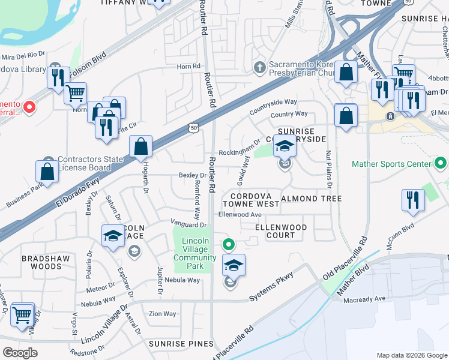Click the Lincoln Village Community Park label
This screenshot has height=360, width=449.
[199, 249]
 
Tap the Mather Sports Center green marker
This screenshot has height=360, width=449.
[441, 163]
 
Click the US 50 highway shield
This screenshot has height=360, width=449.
[193, 127]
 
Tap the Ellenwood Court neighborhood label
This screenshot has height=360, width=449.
[281, 231]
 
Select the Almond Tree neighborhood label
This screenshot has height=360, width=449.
[311, 199]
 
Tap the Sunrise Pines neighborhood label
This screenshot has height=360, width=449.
[181, 344]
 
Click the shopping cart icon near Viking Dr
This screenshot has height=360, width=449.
[22, 314]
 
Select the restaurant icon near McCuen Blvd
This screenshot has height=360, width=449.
[412, 199]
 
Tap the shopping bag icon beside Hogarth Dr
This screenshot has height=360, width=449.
[140, 146]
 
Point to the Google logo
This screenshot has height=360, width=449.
[20, 353]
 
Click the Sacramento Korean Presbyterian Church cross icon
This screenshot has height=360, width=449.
[260, 66]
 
